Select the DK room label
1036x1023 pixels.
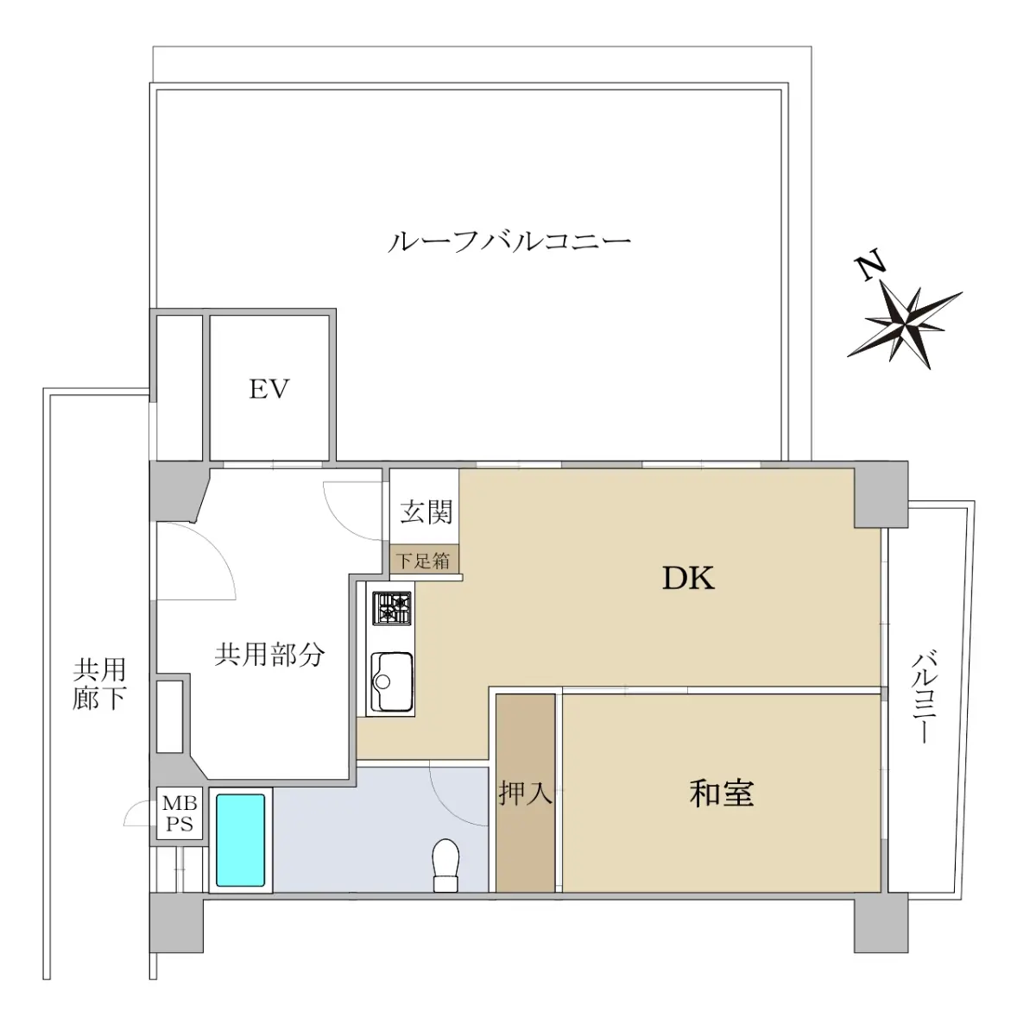688,579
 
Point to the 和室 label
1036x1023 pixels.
722,793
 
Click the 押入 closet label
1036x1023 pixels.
525,792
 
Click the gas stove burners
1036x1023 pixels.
393,607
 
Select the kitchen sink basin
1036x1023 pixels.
392,681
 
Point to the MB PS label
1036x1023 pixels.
180,813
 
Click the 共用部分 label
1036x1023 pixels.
269,655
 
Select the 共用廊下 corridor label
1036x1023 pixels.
99,684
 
